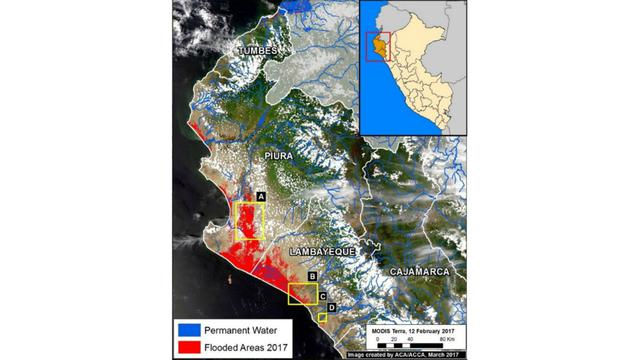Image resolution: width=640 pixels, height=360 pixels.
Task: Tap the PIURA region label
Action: pos(284,156)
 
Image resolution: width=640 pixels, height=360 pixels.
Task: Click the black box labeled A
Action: pos(260,197)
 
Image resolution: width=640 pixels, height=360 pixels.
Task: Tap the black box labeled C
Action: pos(322,295)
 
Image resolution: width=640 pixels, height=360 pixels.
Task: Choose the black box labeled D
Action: pos(331,307)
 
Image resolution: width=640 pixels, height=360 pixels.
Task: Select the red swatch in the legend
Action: pos(187,347)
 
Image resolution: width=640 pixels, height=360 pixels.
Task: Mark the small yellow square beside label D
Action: pos(322,317)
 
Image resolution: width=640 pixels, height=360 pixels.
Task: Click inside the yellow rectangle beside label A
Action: pos(248,221)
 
